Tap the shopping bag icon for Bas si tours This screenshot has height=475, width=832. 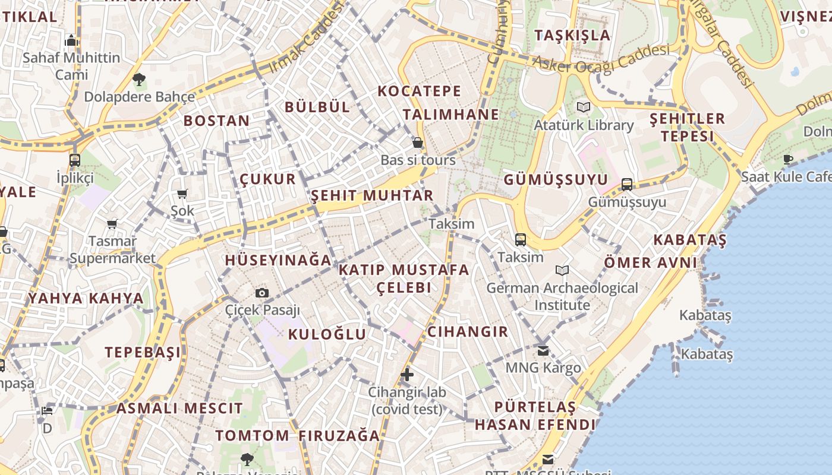point(418,142)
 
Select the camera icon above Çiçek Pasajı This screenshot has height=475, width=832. point(261,293)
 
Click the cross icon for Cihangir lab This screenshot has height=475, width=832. point(407,375)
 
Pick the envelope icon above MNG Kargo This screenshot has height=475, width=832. point(543,351)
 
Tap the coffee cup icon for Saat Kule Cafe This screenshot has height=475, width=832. point(788,159)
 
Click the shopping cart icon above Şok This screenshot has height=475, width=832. point(182,194)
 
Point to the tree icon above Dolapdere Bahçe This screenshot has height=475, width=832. point(139,78)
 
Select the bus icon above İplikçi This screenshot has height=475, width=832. point(75,160)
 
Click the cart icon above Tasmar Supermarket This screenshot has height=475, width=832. point(112,224)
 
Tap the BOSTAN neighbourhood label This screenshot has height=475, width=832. point(216,121)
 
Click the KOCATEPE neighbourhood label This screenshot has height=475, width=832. point(420,91)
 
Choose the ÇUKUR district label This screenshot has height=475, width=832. point(267,179)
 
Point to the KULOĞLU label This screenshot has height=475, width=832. point(327,335)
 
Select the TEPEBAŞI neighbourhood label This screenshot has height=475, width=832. point(143,353)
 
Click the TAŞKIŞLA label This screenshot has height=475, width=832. point(572,35)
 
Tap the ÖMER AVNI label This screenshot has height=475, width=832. point(650,262)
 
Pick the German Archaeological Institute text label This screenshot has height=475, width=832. point(562,296)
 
